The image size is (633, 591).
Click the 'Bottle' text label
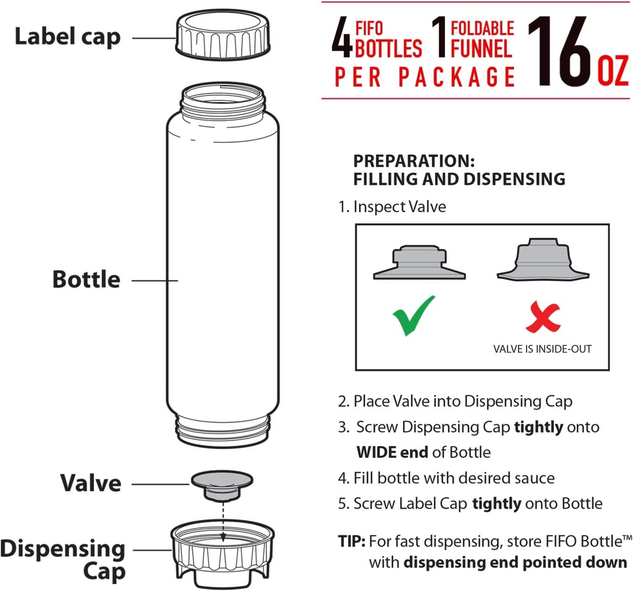coord(86,279)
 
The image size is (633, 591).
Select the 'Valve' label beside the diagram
coord(90,483)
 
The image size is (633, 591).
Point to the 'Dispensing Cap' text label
coord(62,559)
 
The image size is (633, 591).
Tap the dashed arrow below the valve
coord(222,514)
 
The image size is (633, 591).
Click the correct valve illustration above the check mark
coord(419,262)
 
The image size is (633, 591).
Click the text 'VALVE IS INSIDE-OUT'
coord(542,349)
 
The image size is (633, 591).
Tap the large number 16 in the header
coord(560,51)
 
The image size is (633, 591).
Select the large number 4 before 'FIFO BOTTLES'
coord(342,40)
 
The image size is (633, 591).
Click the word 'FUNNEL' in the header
coord(482,48)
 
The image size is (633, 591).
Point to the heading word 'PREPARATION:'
coord(414,162)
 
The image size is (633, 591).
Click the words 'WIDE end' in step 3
coord(392,452)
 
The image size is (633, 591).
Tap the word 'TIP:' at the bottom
coord(352,541)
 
